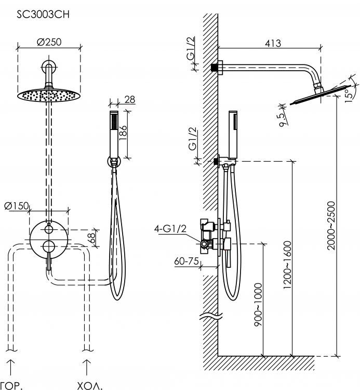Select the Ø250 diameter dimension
pyautogui.click(x=49, y=43)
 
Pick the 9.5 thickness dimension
pyautogui.click(x=282, y=120)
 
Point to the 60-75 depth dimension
pyautogui.click(x=186, y=262)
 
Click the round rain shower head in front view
pyautogui.click(x=49, y=96)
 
